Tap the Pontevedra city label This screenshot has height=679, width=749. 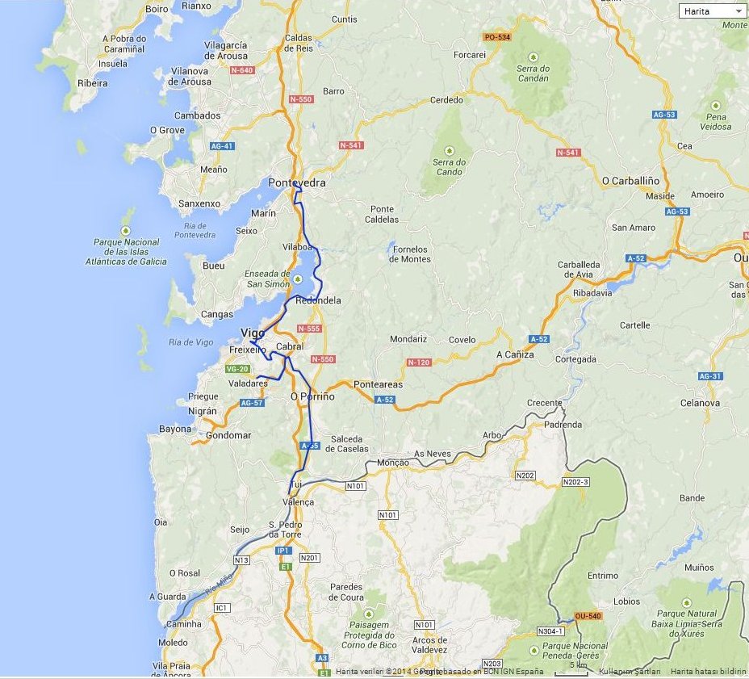(x=297, y=183)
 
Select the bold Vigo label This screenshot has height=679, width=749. (x=253, y=333)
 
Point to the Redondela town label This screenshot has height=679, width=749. (x=319, y=300)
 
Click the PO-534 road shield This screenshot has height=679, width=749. (x=496, y=37)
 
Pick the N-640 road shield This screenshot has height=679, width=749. (x=242, y=70)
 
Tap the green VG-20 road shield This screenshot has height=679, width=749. (x=237, y=369)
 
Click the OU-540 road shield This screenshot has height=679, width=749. (x=588, y=616)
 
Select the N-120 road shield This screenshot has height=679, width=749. (x=418, y=363)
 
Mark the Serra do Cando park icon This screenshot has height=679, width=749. (x=449, y=150)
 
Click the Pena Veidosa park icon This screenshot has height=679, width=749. (x=715, y=106)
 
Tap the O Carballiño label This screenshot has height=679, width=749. (x=631, y=181)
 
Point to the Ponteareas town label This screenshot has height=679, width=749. (x=378, y=385)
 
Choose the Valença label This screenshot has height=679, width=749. (x=298, y=501)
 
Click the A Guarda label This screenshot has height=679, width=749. (x=167, y=597)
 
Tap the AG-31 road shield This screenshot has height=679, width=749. (x=709, y=376)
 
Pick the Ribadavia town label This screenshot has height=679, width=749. (x=592, y=293)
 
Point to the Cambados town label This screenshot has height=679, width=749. (x=197, y=115)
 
